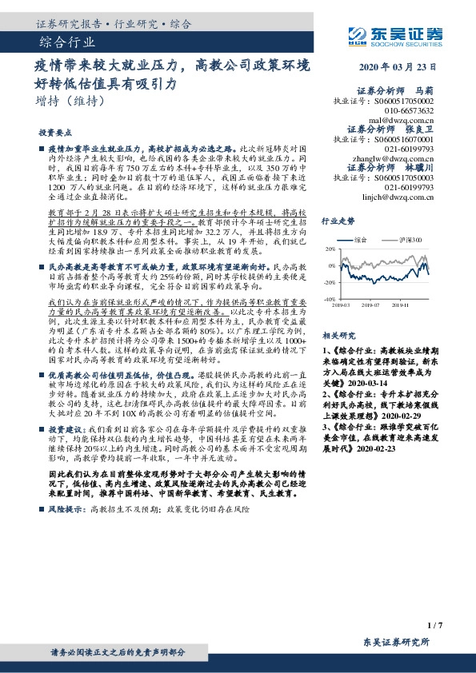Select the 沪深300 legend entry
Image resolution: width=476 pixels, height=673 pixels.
tap(402, 239)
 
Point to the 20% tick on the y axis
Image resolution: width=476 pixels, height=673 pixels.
tap(330, 249)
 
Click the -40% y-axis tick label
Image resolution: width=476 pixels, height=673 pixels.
tap(329, 299)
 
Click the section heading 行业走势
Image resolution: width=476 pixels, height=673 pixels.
tap(338, 220)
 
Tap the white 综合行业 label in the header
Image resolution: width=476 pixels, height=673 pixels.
tap(67, 42)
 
